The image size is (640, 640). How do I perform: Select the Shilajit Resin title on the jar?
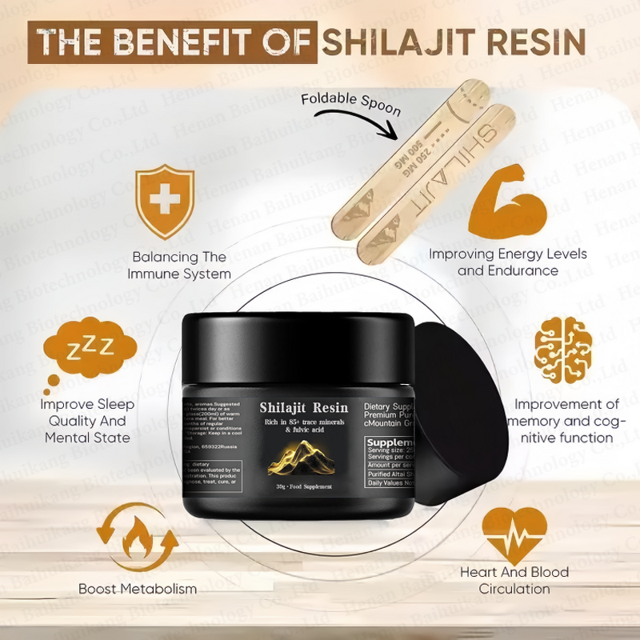[303, 408]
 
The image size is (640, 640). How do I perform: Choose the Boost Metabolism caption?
[137, 590]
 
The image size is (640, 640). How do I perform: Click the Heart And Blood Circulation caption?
[514, 581]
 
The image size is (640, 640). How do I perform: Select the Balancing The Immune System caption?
[179, 266]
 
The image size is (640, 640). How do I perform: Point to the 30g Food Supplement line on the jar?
[303, 487]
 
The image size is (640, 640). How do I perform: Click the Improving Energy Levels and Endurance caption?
[508, 262]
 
